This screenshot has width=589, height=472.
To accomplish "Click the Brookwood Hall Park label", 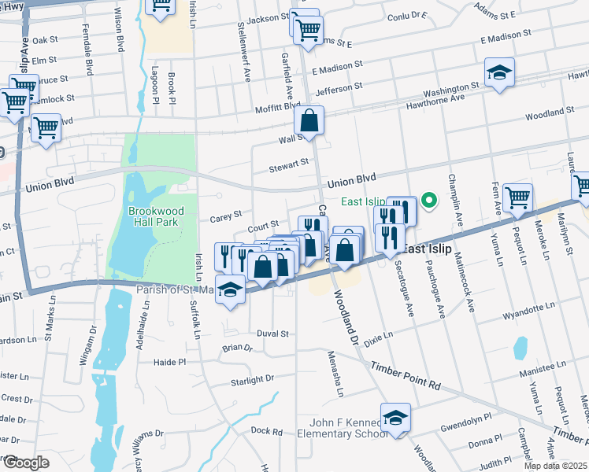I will [154, 216].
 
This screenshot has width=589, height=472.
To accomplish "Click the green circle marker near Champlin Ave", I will [429, 201].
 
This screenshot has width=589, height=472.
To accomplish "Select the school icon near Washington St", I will [499, 74].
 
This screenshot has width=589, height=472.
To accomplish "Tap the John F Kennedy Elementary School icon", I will [396, 418].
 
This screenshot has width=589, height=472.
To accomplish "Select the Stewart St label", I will [287, 165].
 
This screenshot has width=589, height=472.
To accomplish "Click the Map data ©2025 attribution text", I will [555, 466].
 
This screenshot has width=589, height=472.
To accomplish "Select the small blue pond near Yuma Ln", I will [520, 347].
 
